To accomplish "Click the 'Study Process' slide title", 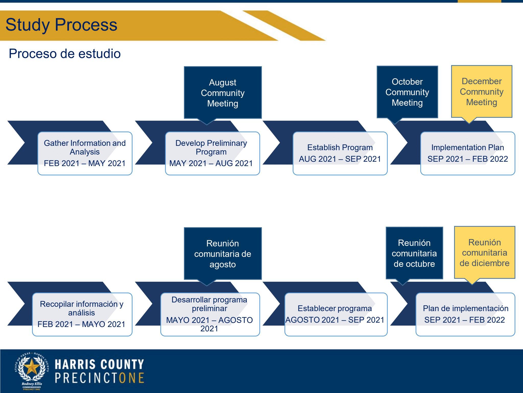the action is tap(61, 25).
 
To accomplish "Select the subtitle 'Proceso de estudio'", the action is tap(65, 54).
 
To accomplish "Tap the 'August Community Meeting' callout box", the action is tap(223, 93).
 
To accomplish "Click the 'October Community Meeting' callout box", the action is tap(407, 92).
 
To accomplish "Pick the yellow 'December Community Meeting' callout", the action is tap(482, 92).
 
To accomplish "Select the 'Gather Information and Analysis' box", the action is tap(85, 154).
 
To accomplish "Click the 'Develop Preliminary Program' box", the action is tap(212, 154).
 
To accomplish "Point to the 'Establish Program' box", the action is tap(340, 154).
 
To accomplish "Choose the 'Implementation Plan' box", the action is tap(468, 154).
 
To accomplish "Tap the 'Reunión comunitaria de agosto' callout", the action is tap(223, 254).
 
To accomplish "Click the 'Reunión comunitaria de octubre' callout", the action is tap(414, 253).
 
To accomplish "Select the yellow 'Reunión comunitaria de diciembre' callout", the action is tap(485, 253).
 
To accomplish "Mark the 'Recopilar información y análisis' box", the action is tap(82, 314).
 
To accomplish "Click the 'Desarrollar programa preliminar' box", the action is tap(210, 314).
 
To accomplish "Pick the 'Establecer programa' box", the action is tap(336, 314).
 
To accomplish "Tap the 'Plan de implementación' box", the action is tap(466, 314).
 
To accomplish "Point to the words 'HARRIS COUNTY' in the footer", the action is tap(99, 364).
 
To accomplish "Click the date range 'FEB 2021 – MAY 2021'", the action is tap(85, 163).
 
